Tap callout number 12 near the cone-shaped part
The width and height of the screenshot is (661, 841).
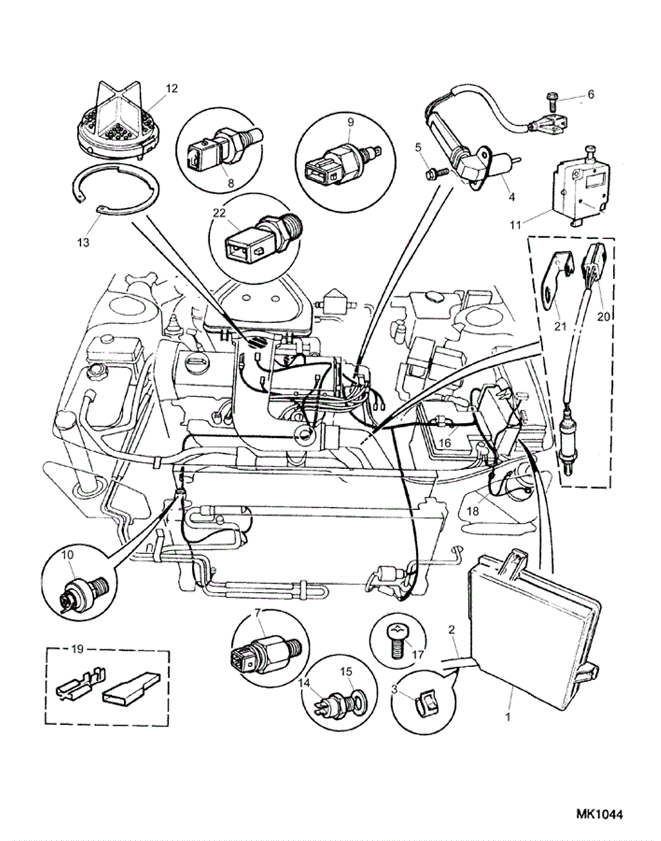tap(171, 88)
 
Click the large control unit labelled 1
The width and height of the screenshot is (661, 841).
tap(529, 614)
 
